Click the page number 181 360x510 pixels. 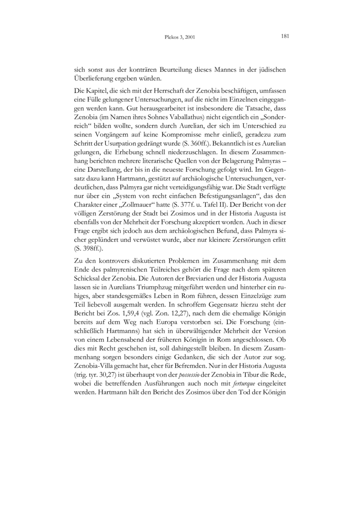click(284, 36)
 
